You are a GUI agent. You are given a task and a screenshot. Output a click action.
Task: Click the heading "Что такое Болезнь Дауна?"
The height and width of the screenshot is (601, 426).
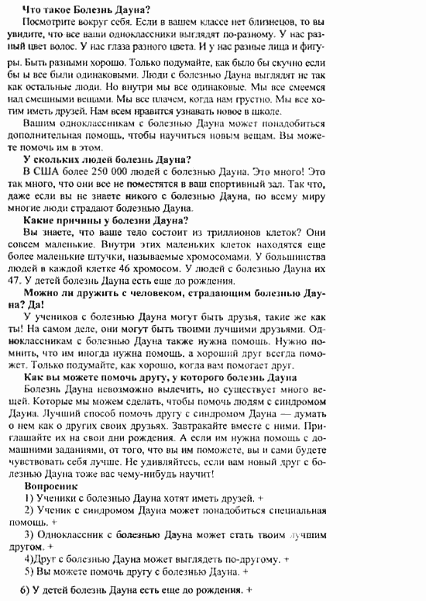click(84, 8)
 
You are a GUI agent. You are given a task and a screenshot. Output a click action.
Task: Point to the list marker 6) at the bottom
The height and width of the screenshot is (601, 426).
click(23, 591)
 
